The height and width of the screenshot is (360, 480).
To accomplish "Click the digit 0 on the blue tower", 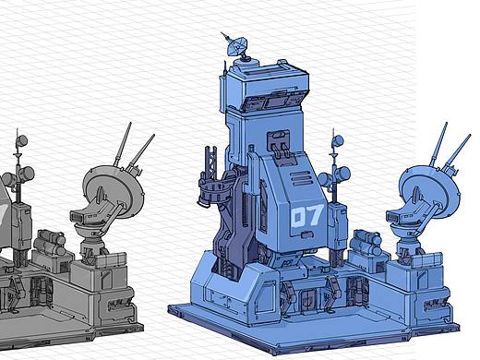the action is point(297,217).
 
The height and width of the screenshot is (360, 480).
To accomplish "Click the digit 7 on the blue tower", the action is point(314,215).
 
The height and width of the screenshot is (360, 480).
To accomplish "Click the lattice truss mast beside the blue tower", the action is point(212,163).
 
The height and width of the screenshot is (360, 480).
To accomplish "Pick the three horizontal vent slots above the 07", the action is point(302,178).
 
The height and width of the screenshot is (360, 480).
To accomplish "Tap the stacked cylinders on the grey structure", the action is point(51,242).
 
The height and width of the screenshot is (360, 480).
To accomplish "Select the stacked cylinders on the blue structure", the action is point(367,242).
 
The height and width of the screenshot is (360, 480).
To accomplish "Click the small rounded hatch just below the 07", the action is point(306,235).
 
